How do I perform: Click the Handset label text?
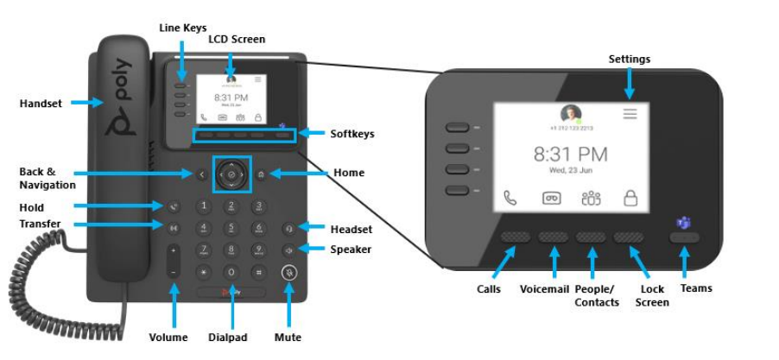click(x=40, y=104)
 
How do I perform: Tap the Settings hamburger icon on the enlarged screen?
click(x=630, y=113)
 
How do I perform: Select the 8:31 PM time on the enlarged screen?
click(x=570, y=155)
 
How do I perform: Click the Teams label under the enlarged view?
click(x=695, y=287)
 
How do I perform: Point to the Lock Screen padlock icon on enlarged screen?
click(x=630, y=199)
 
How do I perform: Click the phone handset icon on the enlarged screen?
click(x=510, y=198)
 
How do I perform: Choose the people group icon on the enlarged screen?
click(x=591, y=198)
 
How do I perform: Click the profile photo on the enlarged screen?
click(x=570, y=115)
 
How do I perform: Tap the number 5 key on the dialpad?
click(x=231, y=228)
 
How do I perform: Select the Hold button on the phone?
click(x=174, y=207)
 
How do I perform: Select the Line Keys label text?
click(x=183, y=28)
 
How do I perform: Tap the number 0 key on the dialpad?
click(x=231, y=271)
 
